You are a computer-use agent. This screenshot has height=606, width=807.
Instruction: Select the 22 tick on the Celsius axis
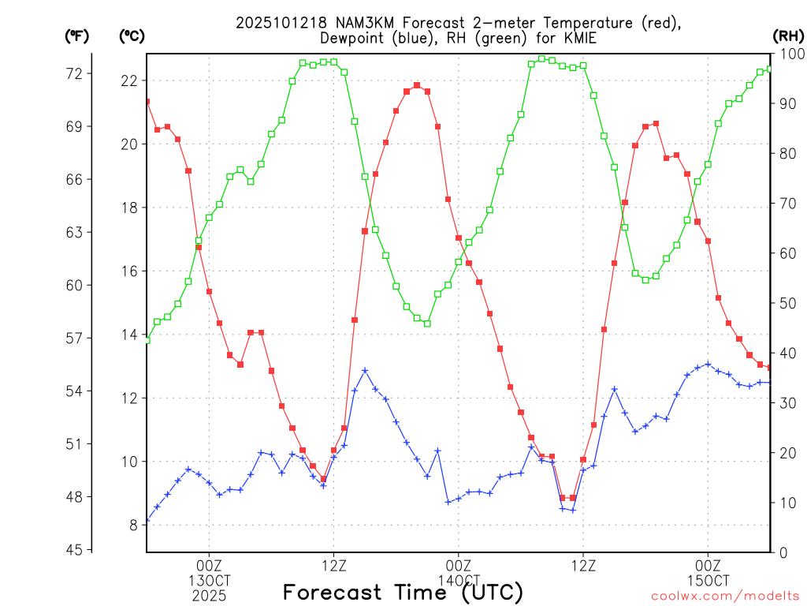point(130,80)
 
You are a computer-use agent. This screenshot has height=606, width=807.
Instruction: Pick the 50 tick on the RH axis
point(787,303)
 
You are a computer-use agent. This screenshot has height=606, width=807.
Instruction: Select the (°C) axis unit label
point(131,36)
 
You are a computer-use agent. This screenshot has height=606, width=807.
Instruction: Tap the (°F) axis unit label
point(76,36)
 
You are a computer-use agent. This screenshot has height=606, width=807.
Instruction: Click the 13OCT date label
point(209,580)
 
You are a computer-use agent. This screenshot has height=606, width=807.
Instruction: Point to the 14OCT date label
point(458,580)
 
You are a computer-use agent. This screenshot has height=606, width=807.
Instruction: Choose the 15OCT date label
point(708,580)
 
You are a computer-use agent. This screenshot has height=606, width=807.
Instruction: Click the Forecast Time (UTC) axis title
point(403,592)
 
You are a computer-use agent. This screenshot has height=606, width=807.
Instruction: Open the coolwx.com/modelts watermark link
point(725,595)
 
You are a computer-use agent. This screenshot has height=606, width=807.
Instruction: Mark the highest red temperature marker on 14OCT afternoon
point(417,85)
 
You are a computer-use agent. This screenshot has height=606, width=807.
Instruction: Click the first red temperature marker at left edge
point(147,101)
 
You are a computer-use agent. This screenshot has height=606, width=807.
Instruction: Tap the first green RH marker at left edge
point(147,340)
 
